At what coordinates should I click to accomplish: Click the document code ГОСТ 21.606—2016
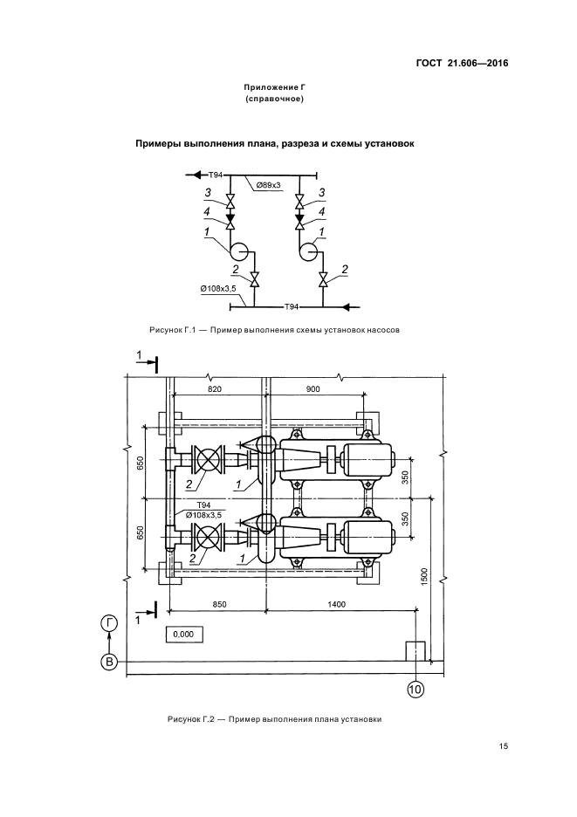(x=462, y=64)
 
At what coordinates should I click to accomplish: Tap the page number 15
(x=503, y=746)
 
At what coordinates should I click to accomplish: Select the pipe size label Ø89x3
(x=269, y=185)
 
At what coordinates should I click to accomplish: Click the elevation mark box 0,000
(x=183, y=634)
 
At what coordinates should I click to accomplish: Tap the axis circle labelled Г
(x=109, y=624)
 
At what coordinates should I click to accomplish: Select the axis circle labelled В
(x=109, y=662)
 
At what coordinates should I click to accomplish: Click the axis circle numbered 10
(x=416, y=690)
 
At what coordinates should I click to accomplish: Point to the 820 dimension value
(x=215, y=388)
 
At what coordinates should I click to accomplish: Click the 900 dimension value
(x=313, y=388)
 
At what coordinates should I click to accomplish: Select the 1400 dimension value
(x=336, y=604)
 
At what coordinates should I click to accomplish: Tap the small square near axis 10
(x=416, y=651)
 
